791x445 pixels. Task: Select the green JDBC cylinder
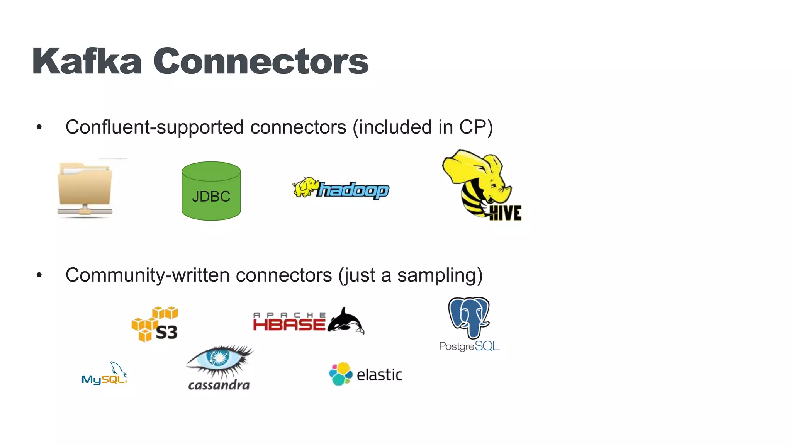pyautogui.click(x=211, y=191)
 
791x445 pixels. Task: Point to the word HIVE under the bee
pyautogui.click(x=505, y=213)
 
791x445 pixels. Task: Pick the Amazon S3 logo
pyautogui.click(x=155, y=324)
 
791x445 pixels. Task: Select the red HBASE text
pyautogui.click(x=289, y=324)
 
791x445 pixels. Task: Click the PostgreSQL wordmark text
pyautogui.click(x=469, y=346)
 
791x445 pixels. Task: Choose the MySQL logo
pyautogui.click(x=104, y=374)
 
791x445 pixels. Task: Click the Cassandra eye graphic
pyautogui.click(x=219, y=359)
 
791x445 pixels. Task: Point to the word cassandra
pyautogui.click(x=219, y=385)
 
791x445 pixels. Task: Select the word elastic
pyautogui.click(x=379, y=375)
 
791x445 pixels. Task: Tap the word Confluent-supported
pyautogui.click(x=154, y=127)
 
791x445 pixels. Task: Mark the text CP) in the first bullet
pyautogui.click(x=476, y=127)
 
